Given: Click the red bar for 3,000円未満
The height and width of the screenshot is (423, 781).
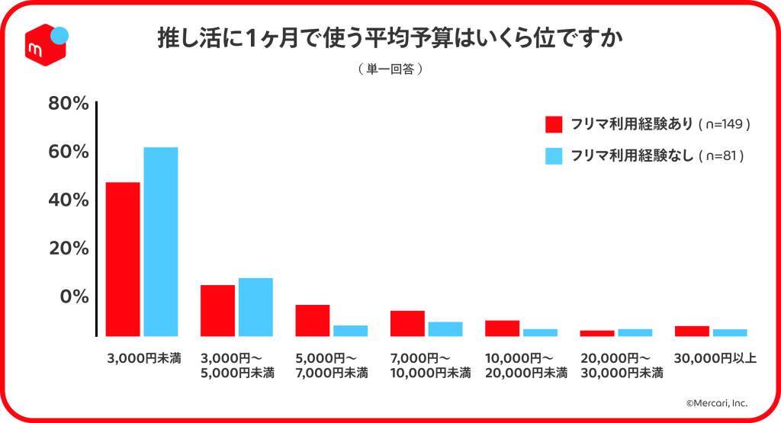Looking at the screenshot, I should click(123, 259).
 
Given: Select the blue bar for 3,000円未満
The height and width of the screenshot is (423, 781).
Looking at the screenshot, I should click(160, 242).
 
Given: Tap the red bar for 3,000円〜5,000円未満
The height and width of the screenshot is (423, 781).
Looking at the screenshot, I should click(217, 310).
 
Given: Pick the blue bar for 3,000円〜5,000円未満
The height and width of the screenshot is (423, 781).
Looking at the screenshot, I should click(256, 307).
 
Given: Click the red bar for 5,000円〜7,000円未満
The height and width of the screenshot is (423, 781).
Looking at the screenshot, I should click(313, 320).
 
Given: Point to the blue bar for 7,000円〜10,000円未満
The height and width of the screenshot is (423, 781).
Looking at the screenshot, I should click(445, 328).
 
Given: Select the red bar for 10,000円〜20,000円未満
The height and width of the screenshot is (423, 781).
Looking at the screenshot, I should click(502, 328).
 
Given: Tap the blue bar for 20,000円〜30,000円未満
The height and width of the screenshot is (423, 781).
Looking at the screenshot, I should click(635, 332).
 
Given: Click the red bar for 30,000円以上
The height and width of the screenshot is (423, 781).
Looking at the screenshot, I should click(692, 331).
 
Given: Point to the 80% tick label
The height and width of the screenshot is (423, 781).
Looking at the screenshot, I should click(69, 104).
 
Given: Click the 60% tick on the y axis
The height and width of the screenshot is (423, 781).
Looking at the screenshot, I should click(69, 152).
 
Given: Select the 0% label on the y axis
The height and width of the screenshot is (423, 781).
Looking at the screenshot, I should click(75, 296).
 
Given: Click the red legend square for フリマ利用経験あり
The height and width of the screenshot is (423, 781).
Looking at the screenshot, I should click(554, 124).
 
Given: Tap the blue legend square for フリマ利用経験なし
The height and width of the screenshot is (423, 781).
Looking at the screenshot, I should click(554, 155).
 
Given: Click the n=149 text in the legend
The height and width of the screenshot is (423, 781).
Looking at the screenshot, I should click(725, 124).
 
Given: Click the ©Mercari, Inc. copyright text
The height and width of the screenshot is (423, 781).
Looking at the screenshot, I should click(716, 402).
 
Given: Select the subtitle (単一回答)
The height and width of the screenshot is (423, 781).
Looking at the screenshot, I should click(390, 69).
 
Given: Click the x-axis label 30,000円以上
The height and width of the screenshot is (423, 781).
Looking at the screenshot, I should click(715, 357).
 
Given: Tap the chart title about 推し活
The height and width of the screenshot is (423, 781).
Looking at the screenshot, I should click(390, 38).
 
